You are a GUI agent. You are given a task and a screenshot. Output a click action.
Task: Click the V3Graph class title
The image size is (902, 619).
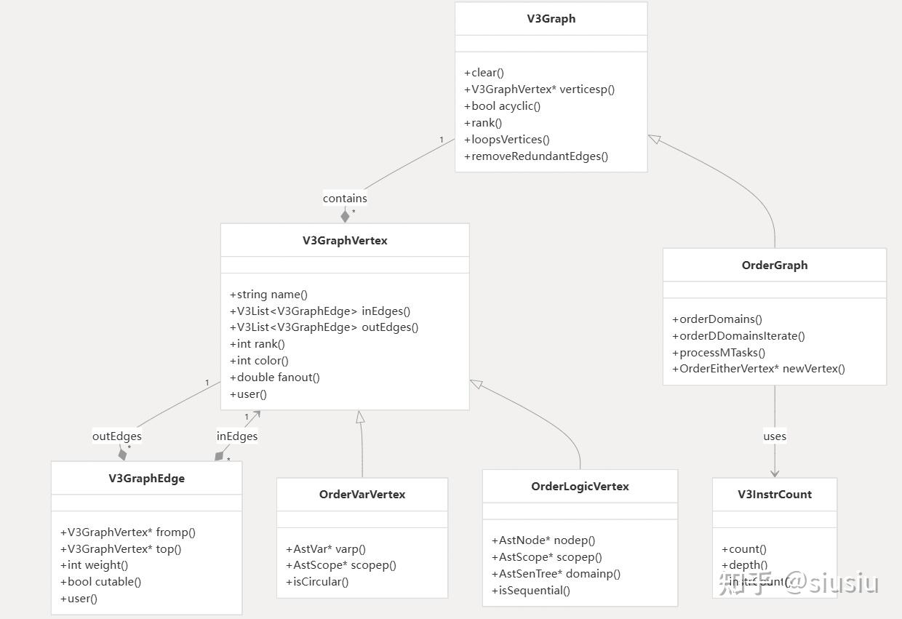(551, 19)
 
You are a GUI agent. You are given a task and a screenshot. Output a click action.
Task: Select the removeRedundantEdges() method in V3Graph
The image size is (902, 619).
(536, 156)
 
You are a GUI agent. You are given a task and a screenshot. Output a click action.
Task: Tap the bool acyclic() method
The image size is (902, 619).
(503, 106)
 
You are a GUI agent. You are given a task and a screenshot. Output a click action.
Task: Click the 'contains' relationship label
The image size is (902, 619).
(345, 198)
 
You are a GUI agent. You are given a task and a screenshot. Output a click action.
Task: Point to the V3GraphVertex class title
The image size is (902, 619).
(345, 241)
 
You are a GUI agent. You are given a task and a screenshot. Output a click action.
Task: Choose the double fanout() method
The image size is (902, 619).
(275, 378)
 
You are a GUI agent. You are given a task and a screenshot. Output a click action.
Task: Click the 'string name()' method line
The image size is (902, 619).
(269, 295)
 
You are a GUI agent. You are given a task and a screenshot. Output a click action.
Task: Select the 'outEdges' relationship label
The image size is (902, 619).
(116, 436)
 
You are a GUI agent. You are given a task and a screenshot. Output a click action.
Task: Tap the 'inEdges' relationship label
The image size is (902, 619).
(237, 436)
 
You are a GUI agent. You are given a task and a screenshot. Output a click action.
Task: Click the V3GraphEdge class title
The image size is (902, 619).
(146, 479)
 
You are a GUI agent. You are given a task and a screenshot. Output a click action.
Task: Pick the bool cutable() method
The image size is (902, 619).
(101, 582)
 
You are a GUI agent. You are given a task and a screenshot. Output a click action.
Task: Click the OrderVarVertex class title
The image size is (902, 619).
(362, 495)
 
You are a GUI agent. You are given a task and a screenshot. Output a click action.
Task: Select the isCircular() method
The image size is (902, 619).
(318, 582)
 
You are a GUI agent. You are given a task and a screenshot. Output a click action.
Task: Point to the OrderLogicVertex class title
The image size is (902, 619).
(580, 487)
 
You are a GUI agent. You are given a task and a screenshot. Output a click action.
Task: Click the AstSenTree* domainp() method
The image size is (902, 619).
(556, 574)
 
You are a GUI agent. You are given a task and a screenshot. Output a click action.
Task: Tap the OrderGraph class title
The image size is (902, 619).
(774, 265)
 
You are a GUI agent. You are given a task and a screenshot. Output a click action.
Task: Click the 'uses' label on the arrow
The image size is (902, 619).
(775, 436)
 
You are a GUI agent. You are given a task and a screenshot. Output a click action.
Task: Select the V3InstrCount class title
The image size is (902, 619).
(774, 495)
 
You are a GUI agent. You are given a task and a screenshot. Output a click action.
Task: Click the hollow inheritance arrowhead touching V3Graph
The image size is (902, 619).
(653, 139)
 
